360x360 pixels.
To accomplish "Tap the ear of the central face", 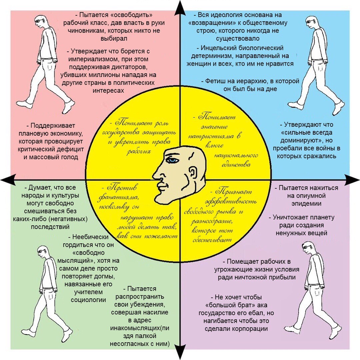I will [x=193, y=174].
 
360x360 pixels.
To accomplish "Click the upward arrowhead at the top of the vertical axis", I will [x=180, y=6].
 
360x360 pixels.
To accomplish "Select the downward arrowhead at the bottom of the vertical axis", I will [x=180, y=354].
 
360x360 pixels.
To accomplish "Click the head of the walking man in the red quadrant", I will [x=41, y=21].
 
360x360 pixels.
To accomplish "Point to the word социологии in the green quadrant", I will [x=89, y=300].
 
